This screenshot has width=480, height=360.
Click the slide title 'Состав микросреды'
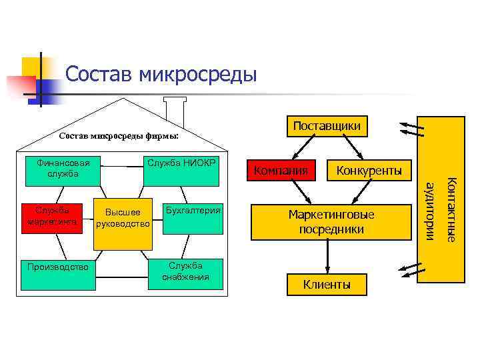[161, 74]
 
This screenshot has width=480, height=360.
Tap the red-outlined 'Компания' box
[280, 171]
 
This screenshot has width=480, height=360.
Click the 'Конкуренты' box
[369, 171]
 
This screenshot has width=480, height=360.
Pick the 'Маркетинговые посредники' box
[331, 222]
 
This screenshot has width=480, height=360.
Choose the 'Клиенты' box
[327, 285]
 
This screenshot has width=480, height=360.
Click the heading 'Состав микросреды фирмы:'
[119, 137]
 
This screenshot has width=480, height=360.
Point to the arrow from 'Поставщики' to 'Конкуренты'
[351, 147]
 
